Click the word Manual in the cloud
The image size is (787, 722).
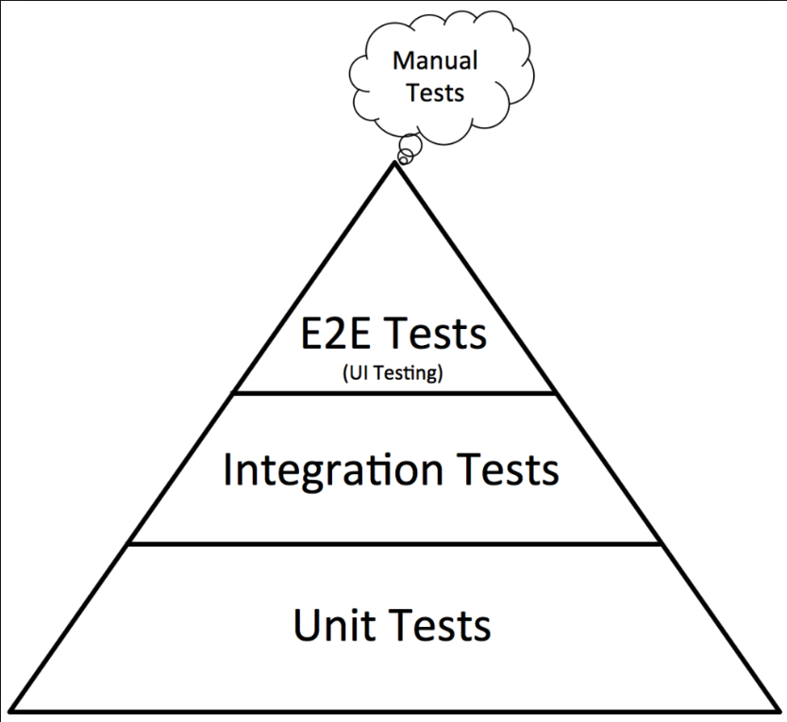(x=435, y=62)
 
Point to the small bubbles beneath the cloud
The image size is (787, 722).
(x=409, y=150)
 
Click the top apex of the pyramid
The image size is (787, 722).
(x=393, y=164)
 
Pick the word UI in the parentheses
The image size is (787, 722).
(x=356, y=374)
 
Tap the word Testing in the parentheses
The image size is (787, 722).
(x=409, y=374)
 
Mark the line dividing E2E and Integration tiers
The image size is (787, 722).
(x=393, y=392)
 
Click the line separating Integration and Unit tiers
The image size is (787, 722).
(x=393, y=543)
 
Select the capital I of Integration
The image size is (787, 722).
(x=229, y=468)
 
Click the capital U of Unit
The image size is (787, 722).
(x=306, y=625)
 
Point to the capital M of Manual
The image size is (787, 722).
(x=402, y=62)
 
